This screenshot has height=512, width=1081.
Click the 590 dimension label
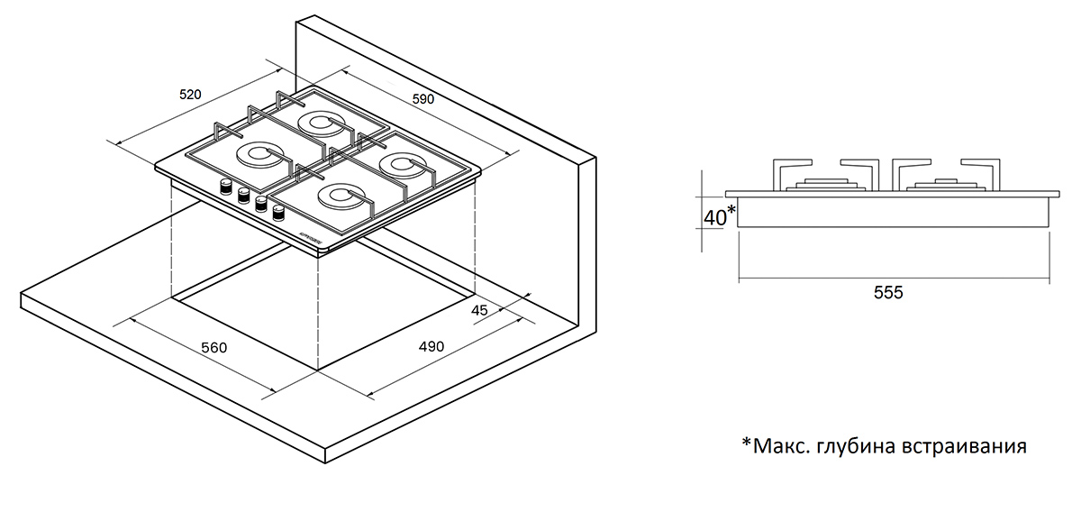422,98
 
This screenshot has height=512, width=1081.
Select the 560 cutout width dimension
213,347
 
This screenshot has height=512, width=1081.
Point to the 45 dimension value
479,310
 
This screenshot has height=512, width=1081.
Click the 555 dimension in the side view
887,292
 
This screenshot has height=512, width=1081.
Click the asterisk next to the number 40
731,209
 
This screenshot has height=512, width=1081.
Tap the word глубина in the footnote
851,445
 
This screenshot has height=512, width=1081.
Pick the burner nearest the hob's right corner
399,164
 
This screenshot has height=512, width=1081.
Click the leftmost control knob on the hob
225,188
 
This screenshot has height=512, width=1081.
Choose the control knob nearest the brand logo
277,214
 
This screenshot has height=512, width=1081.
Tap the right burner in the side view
941,186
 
